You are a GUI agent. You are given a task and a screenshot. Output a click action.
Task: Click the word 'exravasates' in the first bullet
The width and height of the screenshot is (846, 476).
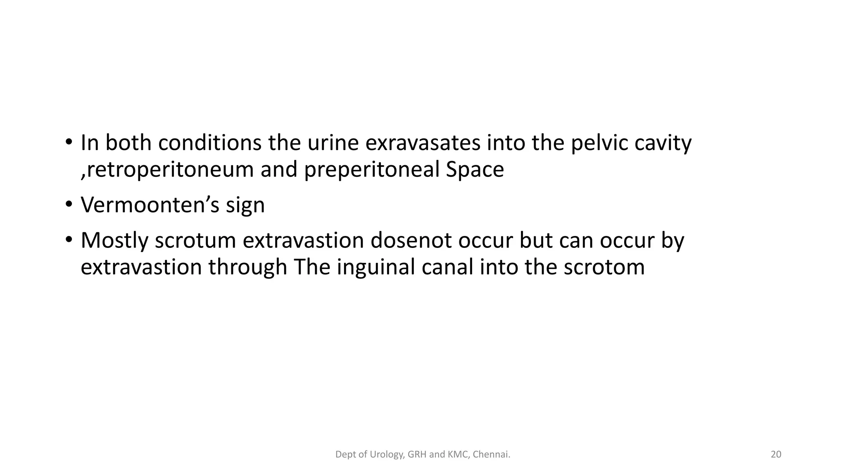coord(423,143)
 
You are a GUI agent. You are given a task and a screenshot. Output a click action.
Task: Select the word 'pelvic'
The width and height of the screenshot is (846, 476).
coord(599,143)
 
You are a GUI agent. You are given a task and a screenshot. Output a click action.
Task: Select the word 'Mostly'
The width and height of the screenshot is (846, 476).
coord(114,241)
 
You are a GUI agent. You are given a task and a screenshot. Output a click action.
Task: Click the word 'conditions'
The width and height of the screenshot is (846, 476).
coord(210,143)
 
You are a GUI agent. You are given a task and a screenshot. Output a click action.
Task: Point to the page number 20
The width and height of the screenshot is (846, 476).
coord(776,455)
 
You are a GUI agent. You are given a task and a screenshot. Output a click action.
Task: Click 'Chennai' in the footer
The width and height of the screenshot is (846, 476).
coord(491,455)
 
